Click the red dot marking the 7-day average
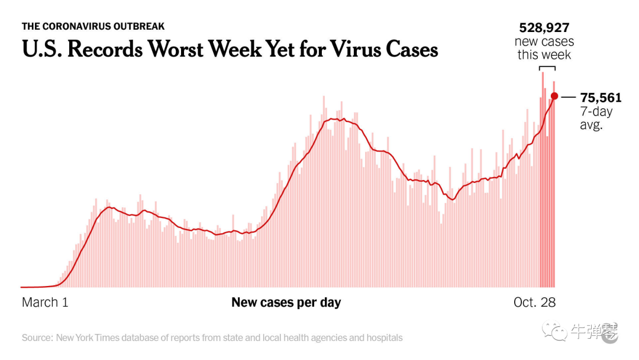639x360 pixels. [554, 96]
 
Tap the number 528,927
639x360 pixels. [544, 27]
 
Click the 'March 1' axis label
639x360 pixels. [45, 303]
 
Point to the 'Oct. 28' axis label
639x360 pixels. [534, 303]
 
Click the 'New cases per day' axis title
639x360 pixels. [286, 303]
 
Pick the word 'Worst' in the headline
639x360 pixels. [181, 49]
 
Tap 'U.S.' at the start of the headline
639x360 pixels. [42, 49]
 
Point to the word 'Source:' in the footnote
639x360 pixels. [37, 338]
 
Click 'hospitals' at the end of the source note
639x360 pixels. [383, 338]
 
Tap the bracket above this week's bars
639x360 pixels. [545, 69]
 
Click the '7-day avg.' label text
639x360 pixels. [596, 118]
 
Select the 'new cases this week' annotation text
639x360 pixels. [544, 48]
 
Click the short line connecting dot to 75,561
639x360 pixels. [569, 97]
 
